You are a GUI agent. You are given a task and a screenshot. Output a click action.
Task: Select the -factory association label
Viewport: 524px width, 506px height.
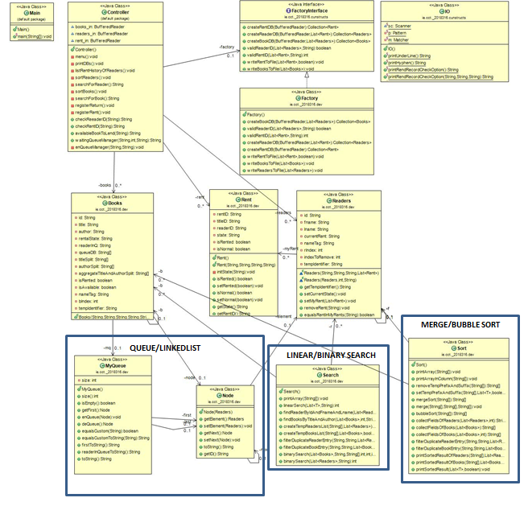tap(228, 47)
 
